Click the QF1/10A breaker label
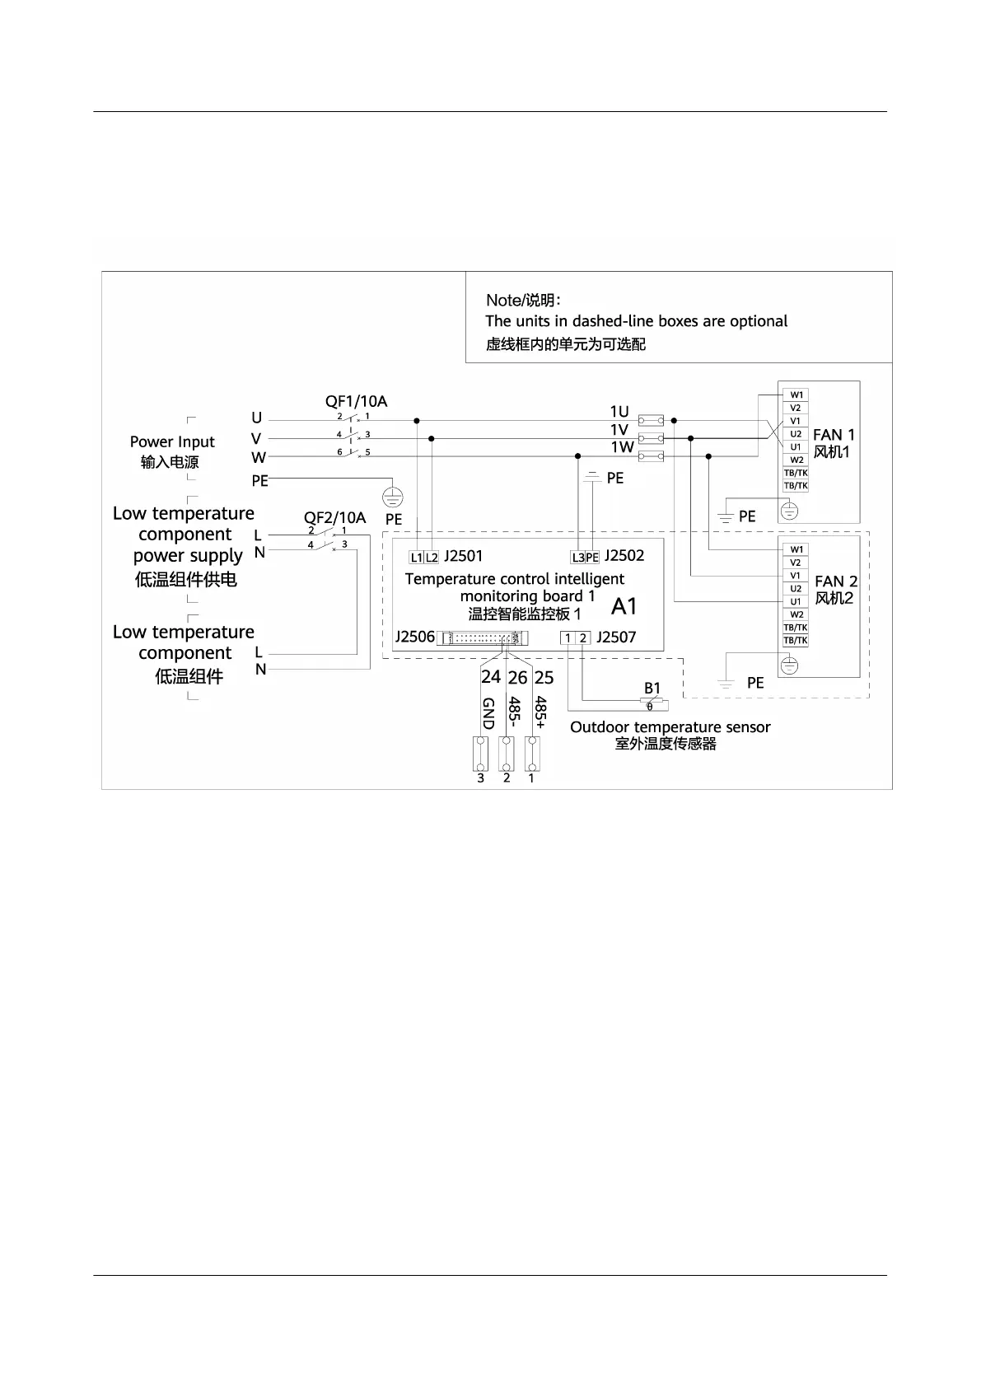pyautogui.click(x=356, y=402)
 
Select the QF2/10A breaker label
pyautogui.click(x=334, y=518)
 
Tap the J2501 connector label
pyautogui.click(x=463, y=556)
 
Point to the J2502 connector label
pyautogui.click(x=624, y=556)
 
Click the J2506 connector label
pyautogui.click(x=415, y=637)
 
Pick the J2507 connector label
pyautogui.click(x=616, y=637)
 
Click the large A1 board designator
pyautogui.click(x=624, y=607)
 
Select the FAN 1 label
pyautogui.click(x=834, y=435)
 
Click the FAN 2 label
pyautogui.click(x=835, y=581)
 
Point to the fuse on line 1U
pyautogui.click(x=652, y=419)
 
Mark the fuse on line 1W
pyautogui.click(x=652, y=456)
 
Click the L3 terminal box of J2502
pyautogui.click(x=578, y=558)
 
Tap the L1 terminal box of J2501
pyautogui.click(x=417, y=558)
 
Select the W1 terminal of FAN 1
pyautogui.click(x=796, y=395)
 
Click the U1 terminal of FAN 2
pyautogui.click(x=796, y=602)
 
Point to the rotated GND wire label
pyautogui.click(x=488, y=713)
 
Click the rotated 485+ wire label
pyautogui.click(x=540, y=712)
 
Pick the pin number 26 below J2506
pyautogui.click(x=517, y=678)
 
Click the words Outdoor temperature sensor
pyautogui.click(x=670, y=727)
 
